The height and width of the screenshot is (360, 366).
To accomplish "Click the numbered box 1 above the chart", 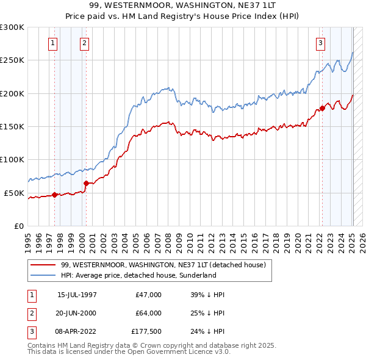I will pyautogui.click(x=54, y=43).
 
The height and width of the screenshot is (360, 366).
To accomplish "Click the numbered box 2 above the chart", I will pyautogui.click(x=84, y=43).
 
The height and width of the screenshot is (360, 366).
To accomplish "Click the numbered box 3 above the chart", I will pyautogui.click(x=320, y=43).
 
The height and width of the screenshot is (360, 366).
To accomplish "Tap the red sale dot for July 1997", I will pyautogui.click(x=54, y=195).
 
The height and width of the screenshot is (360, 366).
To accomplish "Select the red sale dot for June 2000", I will pyautogui.click(x=86, y=183).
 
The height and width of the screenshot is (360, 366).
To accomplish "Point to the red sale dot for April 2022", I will pyautogui.click(x=322, y=109).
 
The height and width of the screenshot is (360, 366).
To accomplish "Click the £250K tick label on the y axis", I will pyautogui.click(x=12, y=60).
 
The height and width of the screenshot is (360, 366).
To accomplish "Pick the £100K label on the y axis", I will pyautogui.click(x=12, y=159).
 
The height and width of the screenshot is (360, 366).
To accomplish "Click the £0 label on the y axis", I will pyautogui.click(x=18, y=226).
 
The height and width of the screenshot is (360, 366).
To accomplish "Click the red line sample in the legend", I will pyautogui.click(x=43, y=265).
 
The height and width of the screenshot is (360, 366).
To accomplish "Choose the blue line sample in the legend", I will pyautogui.click(x=43, y=276).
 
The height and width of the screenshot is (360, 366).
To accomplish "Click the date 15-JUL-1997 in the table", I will pyautogui.click(x=77, y=295).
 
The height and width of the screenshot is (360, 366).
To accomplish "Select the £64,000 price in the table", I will pyautogui.click(x=148, y=313).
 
